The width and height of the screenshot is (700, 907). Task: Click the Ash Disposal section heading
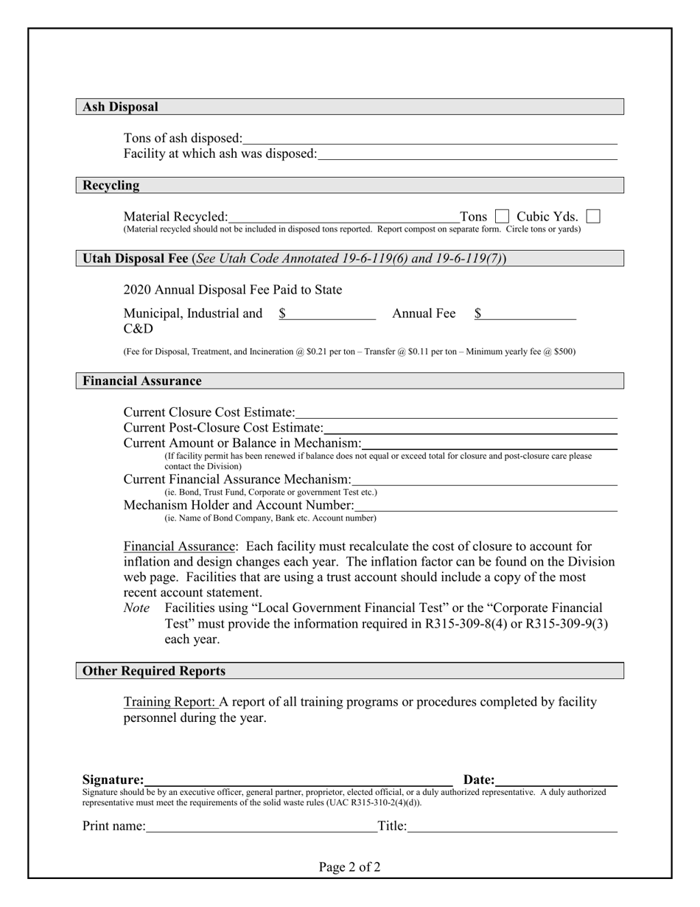120,107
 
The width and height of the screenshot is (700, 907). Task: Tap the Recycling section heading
111,185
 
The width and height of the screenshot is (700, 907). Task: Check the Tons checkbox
502,217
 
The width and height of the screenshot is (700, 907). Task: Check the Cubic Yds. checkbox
592,217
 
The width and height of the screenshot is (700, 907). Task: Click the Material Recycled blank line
343,218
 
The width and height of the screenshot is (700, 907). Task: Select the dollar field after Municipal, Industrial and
328,314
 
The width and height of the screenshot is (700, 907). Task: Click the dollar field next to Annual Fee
525,314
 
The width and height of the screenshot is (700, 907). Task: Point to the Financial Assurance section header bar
349,381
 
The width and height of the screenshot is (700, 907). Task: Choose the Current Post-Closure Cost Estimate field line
469,428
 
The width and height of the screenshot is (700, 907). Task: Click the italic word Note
136,608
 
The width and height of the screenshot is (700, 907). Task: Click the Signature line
298,781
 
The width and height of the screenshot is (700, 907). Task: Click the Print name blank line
261,827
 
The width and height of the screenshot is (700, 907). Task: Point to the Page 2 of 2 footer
349,867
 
